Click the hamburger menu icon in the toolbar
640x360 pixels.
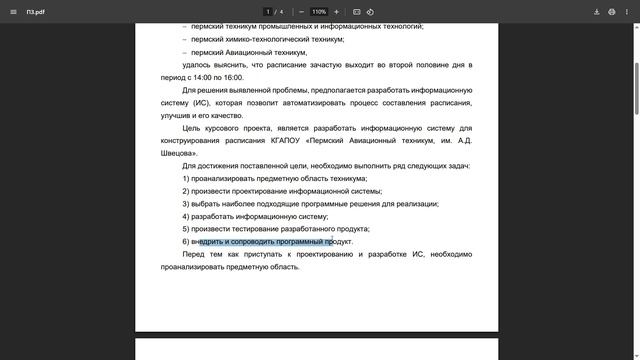(x=12, y=12)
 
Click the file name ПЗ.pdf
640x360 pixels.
(x=36, y=12)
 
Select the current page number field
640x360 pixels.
(x=268, y=12)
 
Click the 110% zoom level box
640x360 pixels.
(x=319, y=12)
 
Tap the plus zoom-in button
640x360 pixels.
(x=336, y=12)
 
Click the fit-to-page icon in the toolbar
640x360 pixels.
(x=357, y=12)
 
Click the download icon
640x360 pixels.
(x=597, y=12)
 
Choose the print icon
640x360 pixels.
(x=611, y=12)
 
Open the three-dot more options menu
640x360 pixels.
(x=627, y=12)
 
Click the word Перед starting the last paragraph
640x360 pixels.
(x=194, y=254)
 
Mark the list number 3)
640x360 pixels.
(x=186, y=204)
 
